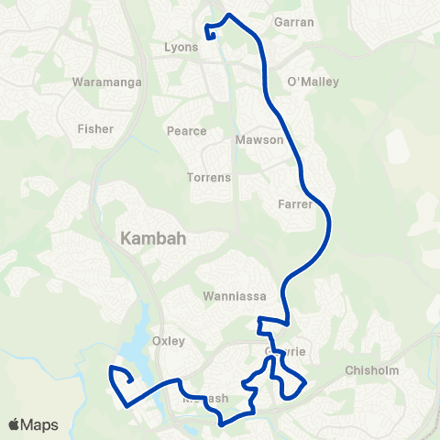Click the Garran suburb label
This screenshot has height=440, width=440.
pyautogui.click(x=294, y=21)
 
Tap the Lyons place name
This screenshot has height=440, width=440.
pyautogui.click(x=181, y=47)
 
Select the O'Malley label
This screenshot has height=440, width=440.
pyautogui.click(x=313, y=82)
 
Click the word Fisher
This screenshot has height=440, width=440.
pyautogui.click(x=95, y=129)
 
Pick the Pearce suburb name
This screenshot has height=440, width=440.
pyautogui.click(x=186, y=131)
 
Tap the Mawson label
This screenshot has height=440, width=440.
pyautogui.click(x=254, y=141)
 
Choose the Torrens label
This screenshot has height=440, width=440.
pyautogui.click(x=208, y=177)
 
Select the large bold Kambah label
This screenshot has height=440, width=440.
pyautogui.click(x=153, y=239)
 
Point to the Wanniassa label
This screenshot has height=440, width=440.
pyautogui.click(x=229, y=296)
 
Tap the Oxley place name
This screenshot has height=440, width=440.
pyautogui.click(x=169, y=341)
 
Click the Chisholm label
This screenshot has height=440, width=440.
pyautogui.click(x=368, y=370)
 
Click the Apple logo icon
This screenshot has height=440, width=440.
pyautogui.click(x=14, y=424)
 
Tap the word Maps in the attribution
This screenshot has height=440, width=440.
pyautogui.click(x=41, y=424)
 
